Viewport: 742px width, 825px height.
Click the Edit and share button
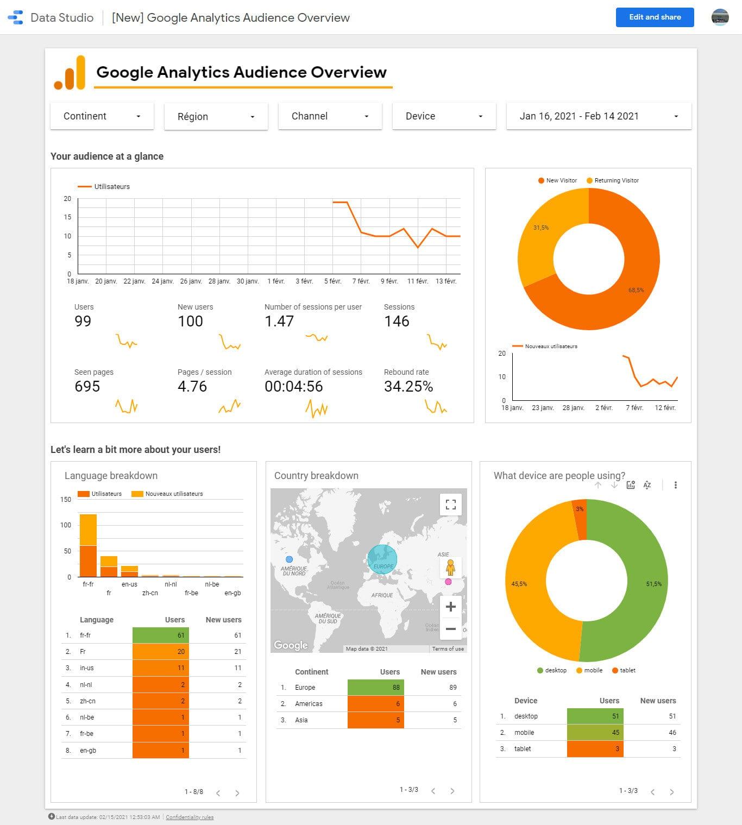(x=655, y=17)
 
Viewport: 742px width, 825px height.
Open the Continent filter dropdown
(x=102, y=116)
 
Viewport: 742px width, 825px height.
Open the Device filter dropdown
(x=444, y=116)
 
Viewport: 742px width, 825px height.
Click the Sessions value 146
(x=397, y=322)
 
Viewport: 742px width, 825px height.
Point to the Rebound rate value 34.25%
(x=408, y=387)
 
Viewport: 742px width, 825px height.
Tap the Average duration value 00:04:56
(x=293, y=387)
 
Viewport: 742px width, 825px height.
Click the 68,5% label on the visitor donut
(x=636, y=290)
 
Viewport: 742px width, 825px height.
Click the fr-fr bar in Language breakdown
(x=88, y=545)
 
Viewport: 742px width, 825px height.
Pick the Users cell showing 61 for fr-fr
(x=161, y=635)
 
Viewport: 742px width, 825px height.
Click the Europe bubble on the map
(x=382, y=559)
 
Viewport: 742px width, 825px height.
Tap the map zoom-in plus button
(x=450, y=607)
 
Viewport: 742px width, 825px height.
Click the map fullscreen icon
(x=450, y=505)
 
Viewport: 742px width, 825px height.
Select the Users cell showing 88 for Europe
(x=376, y=687)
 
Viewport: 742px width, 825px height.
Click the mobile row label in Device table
(x=524, y=732)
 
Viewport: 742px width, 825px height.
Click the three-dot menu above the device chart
(x=675, y=485)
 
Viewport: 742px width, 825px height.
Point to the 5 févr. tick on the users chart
(x=332, y=281)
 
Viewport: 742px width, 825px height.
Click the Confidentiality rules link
(x=190, y=817)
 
